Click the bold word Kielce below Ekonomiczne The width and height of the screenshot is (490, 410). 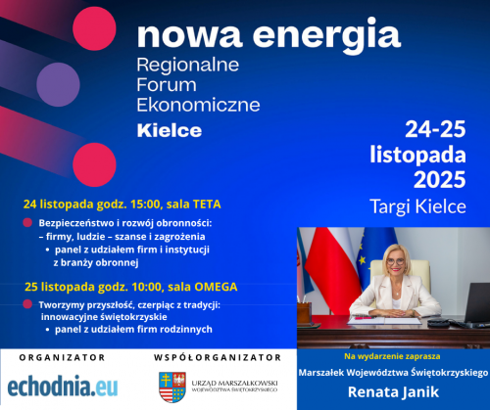pos(170,129)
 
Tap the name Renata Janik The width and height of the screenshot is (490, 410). pos(393,395)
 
